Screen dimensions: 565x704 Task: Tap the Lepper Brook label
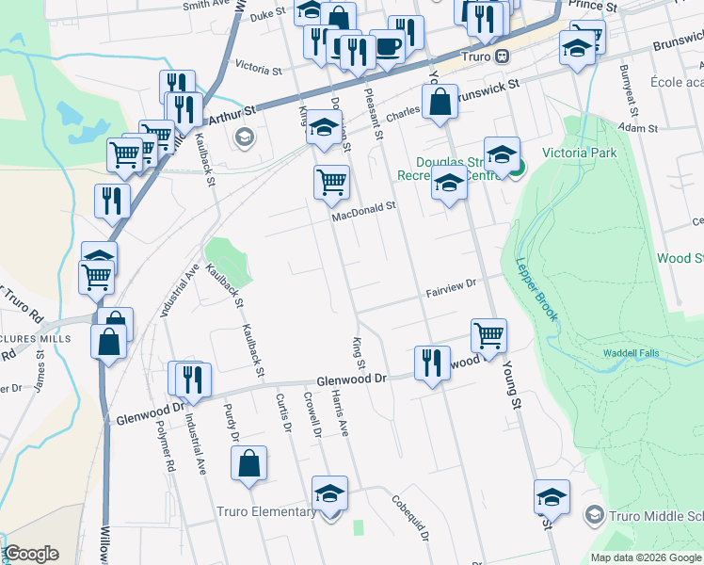click(536, 287)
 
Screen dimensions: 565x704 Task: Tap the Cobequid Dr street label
click(409, 517)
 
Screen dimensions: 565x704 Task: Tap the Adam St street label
click(637, 126)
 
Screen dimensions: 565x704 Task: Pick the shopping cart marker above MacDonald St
click(330, 181)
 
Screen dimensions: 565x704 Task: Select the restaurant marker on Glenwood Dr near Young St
click(431, 362)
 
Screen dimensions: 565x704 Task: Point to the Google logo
click(31, 554)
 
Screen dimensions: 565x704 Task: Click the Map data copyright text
click(645, 557)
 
